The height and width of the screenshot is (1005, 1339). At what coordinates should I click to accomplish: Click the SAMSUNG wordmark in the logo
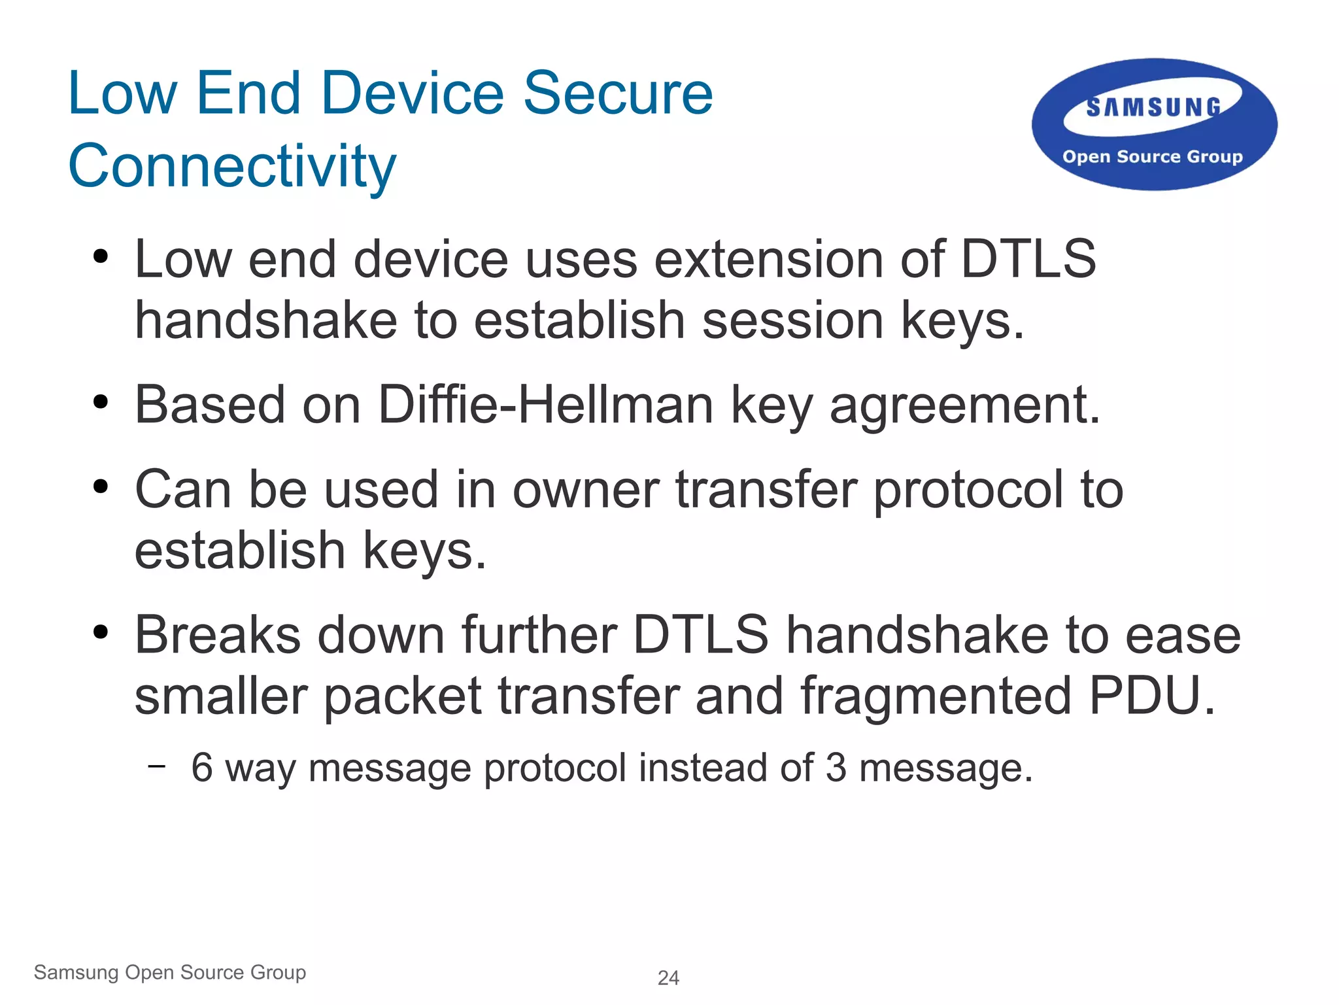(x=1153, y=107)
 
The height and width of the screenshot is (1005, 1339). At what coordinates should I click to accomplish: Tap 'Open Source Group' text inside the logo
(x=1152, y=157)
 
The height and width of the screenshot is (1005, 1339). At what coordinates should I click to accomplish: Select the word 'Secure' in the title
(x=618, y=94)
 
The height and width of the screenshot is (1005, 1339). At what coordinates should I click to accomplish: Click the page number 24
(x=668, y=978)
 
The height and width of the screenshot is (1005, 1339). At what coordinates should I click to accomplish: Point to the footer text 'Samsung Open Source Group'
(x=170, y=972)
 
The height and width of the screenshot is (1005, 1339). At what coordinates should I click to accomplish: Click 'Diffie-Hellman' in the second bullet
(x=545, y=405)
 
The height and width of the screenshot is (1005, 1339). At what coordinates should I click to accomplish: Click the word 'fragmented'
(x=936, y=696)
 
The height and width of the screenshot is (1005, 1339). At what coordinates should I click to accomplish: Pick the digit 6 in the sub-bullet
(x=202, y=768)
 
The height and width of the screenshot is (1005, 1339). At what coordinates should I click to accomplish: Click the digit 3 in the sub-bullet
(x=836, y=768)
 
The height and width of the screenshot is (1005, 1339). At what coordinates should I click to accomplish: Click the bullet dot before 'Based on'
(x=100, y=401)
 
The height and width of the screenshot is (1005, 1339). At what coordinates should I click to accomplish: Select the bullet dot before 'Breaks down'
(x=100, y=632)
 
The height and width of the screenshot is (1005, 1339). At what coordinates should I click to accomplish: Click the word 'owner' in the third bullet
(x=585, y=490)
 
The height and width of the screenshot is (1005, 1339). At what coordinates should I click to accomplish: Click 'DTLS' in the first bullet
(x=1028, y=260)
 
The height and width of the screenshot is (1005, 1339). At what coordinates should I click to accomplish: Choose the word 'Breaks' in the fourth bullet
(x=218, y=635)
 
